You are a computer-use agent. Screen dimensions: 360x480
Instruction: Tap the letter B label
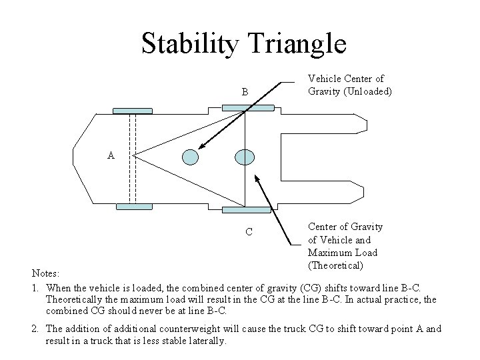[245, 91]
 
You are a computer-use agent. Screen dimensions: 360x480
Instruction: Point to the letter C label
[247, 233]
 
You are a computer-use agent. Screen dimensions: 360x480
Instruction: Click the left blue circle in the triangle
[191, 156]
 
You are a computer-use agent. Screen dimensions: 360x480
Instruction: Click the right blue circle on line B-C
[245, 156]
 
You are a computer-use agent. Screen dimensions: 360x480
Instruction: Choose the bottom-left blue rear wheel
[135, 207]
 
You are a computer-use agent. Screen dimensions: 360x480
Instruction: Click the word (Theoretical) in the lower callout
[335, 265]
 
